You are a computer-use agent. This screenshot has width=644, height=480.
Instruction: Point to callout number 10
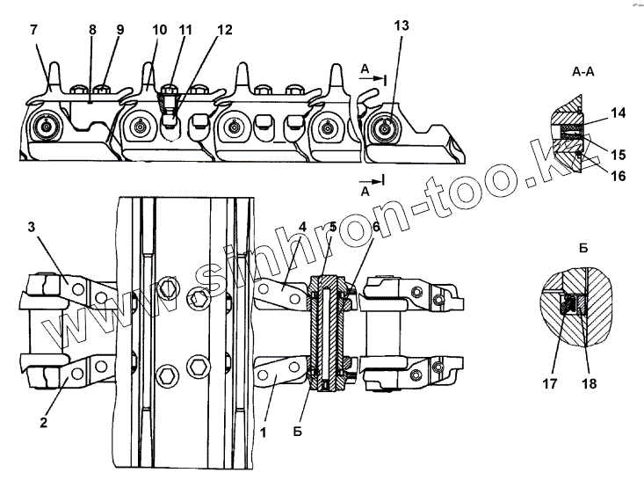pyautogui.click(x=158, y=29)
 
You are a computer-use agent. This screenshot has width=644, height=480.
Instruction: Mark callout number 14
pyautogui.click(x=619, y=113)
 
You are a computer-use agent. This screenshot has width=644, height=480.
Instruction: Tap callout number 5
pyautogui.click(x=333, y=226)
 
